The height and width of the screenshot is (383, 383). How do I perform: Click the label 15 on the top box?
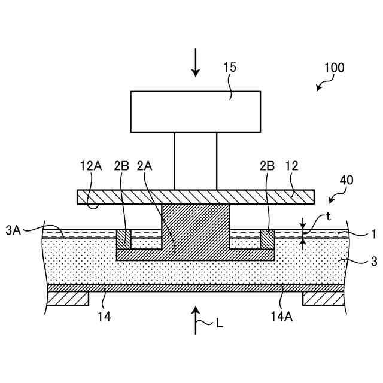pyautogui.click(x=229, y=68)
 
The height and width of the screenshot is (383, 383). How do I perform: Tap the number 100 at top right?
pyautogui.click(x=333, y=68)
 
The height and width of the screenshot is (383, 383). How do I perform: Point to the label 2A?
pyautogui.click(x=145, y=165)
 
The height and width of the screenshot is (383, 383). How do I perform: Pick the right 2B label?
pyautogui.click(x=267, y=165)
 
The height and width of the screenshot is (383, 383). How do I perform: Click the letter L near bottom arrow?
pyautogui.click(x=220, y=324)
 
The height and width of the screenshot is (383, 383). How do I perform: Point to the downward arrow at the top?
pyautogui.click(x=196, y=63)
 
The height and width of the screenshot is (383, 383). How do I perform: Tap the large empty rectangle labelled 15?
pyautogui.click(x=196, y=112)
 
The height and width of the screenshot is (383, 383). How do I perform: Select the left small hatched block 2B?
pyautogui.click(x=123, y=239)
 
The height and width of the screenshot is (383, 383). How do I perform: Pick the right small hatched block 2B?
pyautogui.click(x=267, y=239)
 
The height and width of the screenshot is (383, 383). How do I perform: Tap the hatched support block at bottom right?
pyautogui.click(x=323, y=298)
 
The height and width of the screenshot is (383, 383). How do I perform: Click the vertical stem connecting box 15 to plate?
pyautogui.click(x=196, y=161)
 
